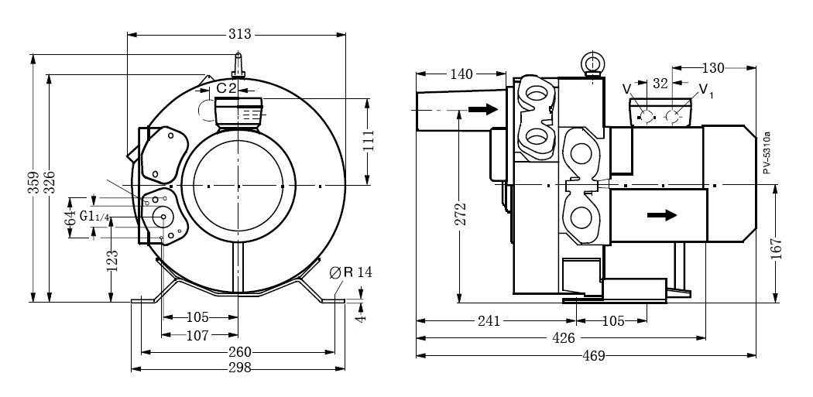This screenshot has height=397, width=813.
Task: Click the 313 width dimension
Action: tap(240, 36)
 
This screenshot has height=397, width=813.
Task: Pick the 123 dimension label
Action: tap(113, 262)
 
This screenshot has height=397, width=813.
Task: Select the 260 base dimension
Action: tap(240, 352)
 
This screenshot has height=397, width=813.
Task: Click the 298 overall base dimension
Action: tap(240, 368)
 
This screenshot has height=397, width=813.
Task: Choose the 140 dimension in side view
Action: tap(461, 74)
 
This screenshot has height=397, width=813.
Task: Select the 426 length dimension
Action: tap(563, 338)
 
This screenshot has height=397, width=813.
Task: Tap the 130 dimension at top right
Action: tap(712, 68)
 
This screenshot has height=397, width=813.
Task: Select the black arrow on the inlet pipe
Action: tap(482, 110)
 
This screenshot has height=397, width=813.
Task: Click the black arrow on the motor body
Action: tap(660, 216)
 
